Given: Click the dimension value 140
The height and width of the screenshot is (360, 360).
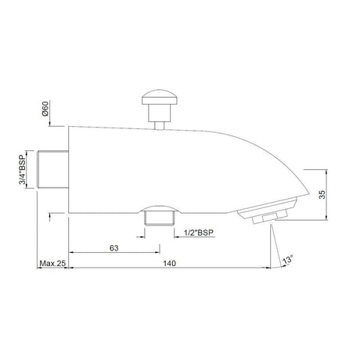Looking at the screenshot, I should click(169, 265).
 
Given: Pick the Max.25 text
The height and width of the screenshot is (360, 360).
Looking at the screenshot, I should click(52, 265).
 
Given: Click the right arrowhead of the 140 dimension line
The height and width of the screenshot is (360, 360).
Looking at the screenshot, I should click(268, 271).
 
